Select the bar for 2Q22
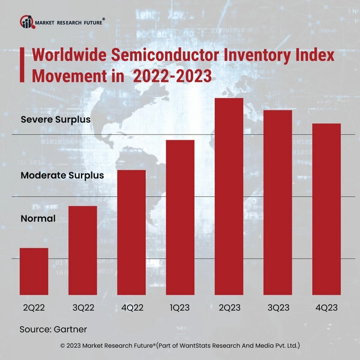34,271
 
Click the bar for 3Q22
83,250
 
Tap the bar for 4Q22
131,232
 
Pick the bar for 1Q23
180,217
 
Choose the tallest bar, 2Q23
229,196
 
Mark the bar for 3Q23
277,202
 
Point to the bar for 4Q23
326,209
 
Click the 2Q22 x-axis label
34,307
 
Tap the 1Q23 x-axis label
180,307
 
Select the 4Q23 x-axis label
326,307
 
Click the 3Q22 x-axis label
83,307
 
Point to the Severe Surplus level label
55,119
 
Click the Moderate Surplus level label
62,176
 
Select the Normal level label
38,218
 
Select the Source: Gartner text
53,329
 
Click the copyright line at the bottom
180,346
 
